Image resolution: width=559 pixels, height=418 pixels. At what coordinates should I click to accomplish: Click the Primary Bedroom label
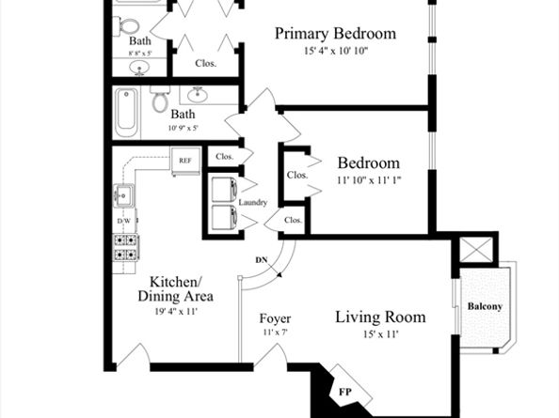click(x=335, y=34)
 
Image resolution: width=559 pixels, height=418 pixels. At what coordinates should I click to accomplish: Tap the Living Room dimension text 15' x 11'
click(x=381, y=334)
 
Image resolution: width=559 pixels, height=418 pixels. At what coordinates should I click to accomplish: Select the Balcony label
click(x=485, y=306)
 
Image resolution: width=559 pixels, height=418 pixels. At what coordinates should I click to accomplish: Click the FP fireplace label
click(x=344, y=392)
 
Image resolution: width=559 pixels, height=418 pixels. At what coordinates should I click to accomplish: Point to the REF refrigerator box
click(x=185, y=161)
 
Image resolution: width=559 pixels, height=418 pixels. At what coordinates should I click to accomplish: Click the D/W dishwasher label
click(x=124, y=221)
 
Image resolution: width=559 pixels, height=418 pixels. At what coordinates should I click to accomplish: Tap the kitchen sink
click(x=123, y=195)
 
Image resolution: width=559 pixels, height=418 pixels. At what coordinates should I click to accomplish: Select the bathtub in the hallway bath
click(x=126, y=113)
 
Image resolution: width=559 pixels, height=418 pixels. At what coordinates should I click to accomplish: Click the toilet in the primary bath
click(x=126, y=26)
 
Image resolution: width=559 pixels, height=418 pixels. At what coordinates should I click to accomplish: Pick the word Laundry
click(x=253, y=202)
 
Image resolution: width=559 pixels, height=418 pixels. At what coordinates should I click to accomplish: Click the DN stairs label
click(x=262, y=260)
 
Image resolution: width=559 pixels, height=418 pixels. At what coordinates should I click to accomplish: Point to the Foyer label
click(x=275, y=318)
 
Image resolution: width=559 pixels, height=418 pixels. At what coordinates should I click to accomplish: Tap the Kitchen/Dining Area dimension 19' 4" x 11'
click(x=176, y=312)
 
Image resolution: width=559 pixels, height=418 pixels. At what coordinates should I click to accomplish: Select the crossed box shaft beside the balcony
click(x=476, y=251)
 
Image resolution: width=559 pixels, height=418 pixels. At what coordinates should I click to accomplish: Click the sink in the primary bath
click(x=139, y=68)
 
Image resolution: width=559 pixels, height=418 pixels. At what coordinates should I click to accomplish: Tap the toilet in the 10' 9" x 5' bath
click(x=160, y=99)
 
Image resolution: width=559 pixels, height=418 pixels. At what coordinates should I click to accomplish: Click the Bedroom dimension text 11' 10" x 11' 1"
click(x=369, y=180)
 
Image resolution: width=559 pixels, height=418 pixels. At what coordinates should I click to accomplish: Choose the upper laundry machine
click(x=224, y=189)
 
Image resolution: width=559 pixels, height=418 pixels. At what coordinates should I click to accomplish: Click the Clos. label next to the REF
click(x=225, y=157)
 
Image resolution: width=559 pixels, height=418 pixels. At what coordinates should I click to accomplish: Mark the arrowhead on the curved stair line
click(x=279, y=274)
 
